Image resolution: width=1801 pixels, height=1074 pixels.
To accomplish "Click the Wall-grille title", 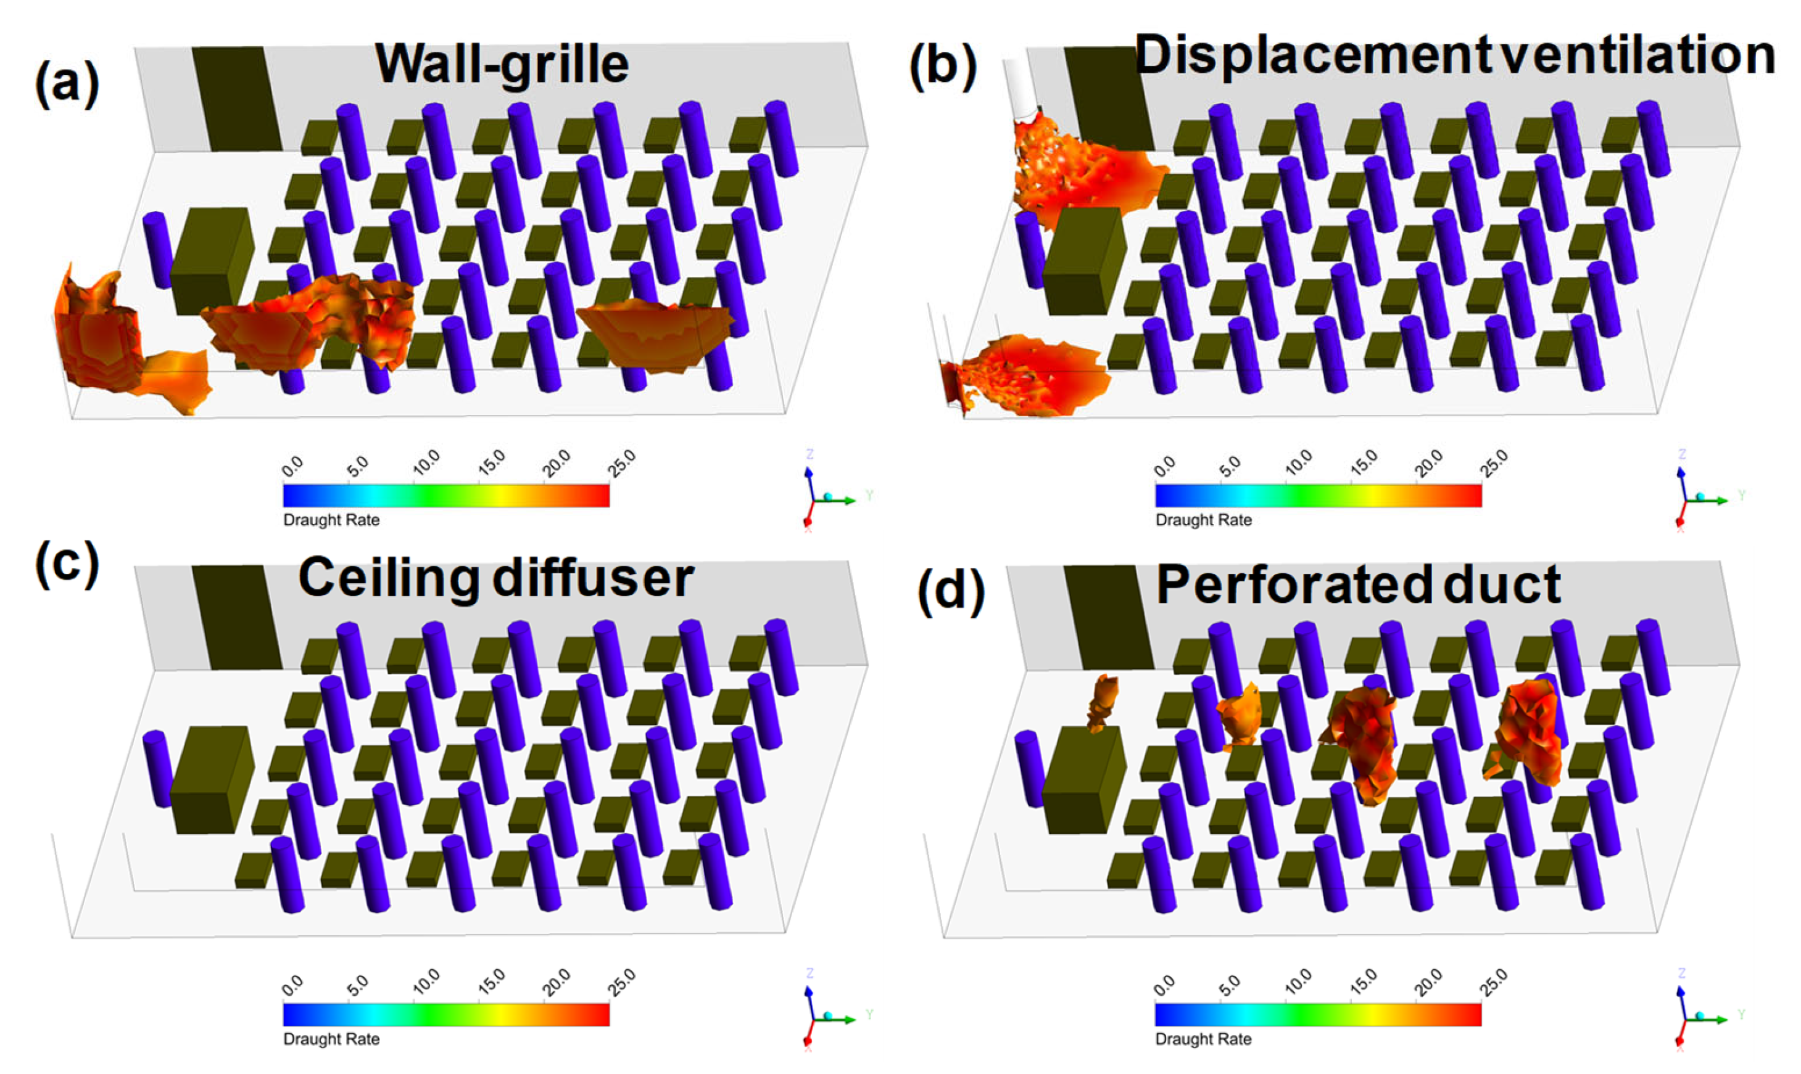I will pos(502,66).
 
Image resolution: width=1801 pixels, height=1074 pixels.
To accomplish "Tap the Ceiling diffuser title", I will pos(496,579).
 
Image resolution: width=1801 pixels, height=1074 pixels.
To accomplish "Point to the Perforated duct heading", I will pos(1358,584).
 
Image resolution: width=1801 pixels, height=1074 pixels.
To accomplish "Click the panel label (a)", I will pos(67,84).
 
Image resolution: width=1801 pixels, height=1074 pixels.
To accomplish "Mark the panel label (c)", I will pos(67,565).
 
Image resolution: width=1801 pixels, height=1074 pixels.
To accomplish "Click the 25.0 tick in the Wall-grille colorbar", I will pos(622,461).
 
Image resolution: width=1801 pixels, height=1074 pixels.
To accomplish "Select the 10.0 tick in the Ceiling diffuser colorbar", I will pos(426,981).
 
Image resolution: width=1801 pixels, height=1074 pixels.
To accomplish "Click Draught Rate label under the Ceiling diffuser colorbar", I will pos(331,1038).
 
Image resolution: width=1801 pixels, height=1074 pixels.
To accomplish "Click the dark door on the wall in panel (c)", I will pos(236,617).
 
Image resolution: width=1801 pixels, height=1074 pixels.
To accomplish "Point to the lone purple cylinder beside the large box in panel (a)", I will pos(157,250).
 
